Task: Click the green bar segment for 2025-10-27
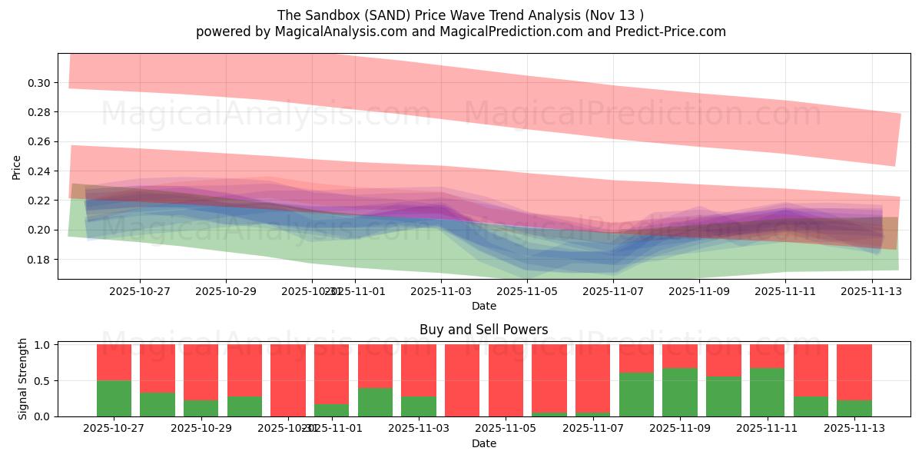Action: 114,398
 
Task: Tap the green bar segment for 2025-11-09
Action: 680,392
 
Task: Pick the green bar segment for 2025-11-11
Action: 767,392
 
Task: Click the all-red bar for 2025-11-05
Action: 506,380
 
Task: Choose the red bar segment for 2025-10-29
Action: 201,372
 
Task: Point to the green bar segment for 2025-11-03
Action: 419,406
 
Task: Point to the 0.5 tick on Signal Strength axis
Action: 43,380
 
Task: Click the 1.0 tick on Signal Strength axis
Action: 43,345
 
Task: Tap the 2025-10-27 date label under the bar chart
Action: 114,429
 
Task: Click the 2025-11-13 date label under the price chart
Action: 871,291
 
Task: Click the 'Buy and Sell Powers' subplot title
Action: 483,330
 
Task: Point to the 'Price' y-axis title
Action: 17,167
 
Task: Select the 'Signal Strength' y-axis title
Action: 23,379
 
